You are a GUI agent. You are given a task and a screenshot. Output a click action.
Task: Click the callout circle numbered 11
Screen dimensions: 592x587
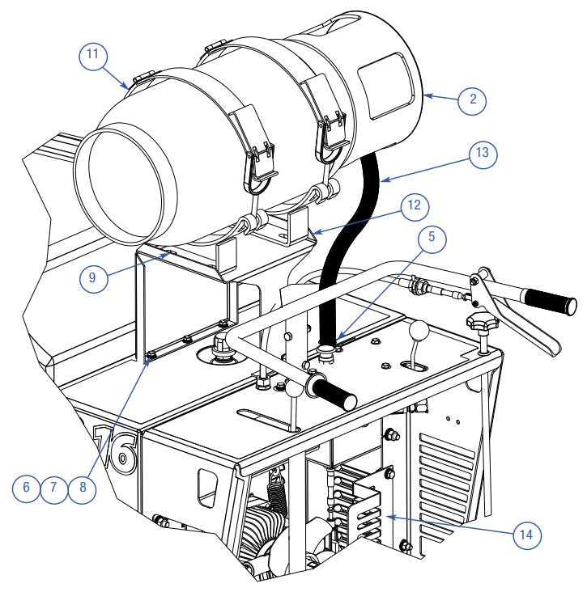(x=93, y=56)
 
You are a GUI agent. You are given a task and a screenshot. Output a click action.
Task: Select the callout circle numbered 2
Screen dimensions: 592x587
(x=471, y=100)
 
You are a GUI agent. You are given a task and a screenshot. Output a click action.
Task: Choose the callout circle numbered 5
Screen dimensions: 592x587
(x=432, y=237)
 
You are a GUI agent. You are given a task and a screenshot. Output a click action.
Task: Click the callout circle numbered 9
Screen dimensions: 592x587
(x=28, y=488)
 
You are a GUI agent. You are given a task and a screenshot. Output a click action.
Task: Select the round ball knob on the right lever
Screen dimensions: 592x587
(x=419, y=332)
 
